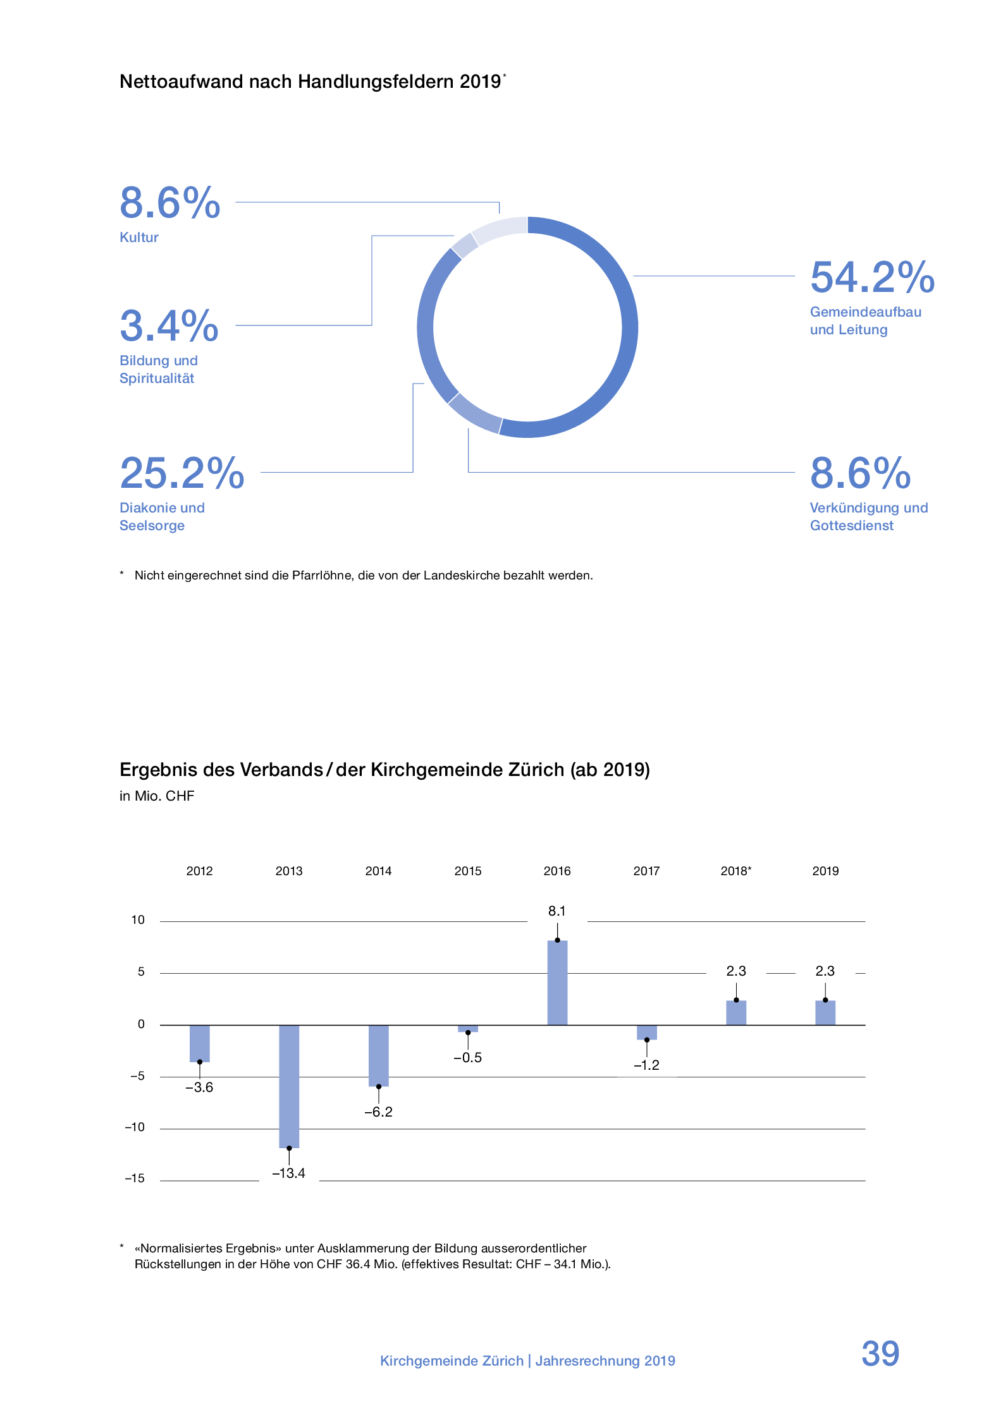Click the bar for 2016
click(556, 982)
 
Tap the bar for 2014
click(378, 1055)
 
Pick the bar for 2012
click(199, 1043)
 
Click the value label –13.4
click(288, 1173)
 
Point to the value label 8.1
click(556, 911)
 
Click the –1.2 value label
click(646, 1065)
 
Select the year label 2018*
click(735, 871)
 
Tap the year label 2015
click(468, 871)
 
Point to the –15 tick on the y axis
click(135, 1178)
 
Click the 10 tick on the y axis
click(138, 920)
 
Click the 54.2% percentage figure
click(872, 278)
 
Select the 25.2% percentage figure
click(182, 473)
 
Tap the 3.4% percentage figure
click(169, 326)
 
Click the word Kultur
click(139, 238)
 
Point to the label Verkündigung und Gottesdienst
click(868, 517)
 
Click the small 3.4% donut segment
click(465, 246)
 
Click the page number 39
click(880, 1353)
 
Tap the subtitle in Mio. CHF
click(157, 796)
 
